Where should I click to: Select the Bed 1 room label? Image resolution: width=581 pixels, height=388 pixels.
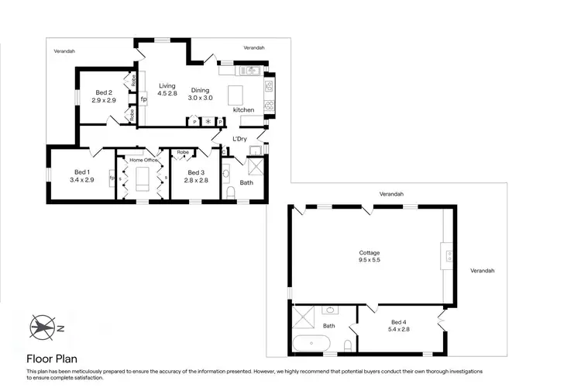82,171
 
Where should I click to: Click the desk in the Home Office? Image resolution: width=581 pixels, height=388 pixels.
142,180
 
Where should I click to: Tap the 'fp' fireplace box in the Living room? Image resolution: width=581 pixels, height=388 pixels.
143,99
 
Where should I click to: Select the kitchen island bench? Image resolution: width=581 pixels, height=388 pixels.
237,95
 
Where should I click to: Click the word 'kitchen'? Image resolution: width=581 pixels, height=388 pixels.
244,110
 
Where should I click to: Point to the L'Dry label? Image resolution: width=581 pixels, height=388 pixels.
239,139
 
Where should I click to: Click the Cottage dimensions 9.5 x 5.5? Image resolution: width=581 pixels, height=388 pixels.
369,259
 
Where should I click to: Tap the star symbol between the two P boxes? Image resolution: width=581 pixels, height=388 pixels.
207,122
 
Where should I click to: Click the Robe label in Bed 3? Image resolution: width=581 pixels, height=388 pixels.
183,152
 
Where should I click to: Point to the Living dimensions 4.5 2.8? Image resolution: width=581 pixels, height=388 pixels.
168,94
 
